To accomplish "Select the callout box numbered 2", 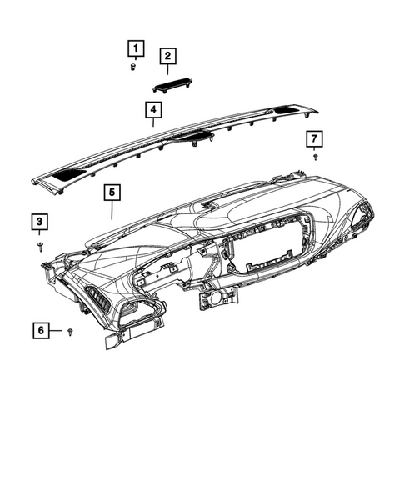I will point(167,56).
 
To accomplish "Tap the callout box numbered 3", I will point(40,221).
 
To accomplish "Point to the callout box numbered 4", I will point(152,109).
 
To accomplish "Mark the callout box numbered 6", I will point(40,331).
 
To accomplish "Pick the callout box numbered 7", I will point(314,138).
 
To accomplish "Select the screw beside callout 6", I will point(71,332).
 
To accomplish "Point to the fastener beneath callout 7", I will point(315,157).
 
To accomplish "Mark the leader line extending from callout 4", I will point(153,122).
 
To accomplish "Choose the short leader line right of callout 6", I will point(57,331).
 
